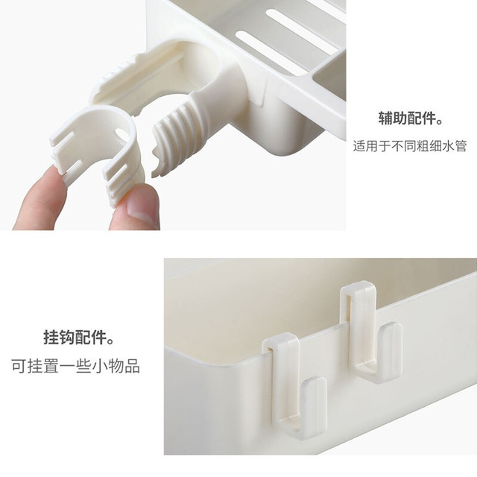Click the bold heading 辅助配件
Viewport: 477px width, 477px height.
410,118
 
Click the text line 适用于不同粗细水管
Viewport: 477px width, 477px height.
410,146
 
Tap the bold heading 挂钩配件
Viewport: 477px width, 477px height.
78,337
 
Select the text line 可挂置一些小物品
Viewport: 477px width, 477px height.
75,366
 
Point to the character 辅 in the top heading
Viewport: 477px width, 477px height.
386,118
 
